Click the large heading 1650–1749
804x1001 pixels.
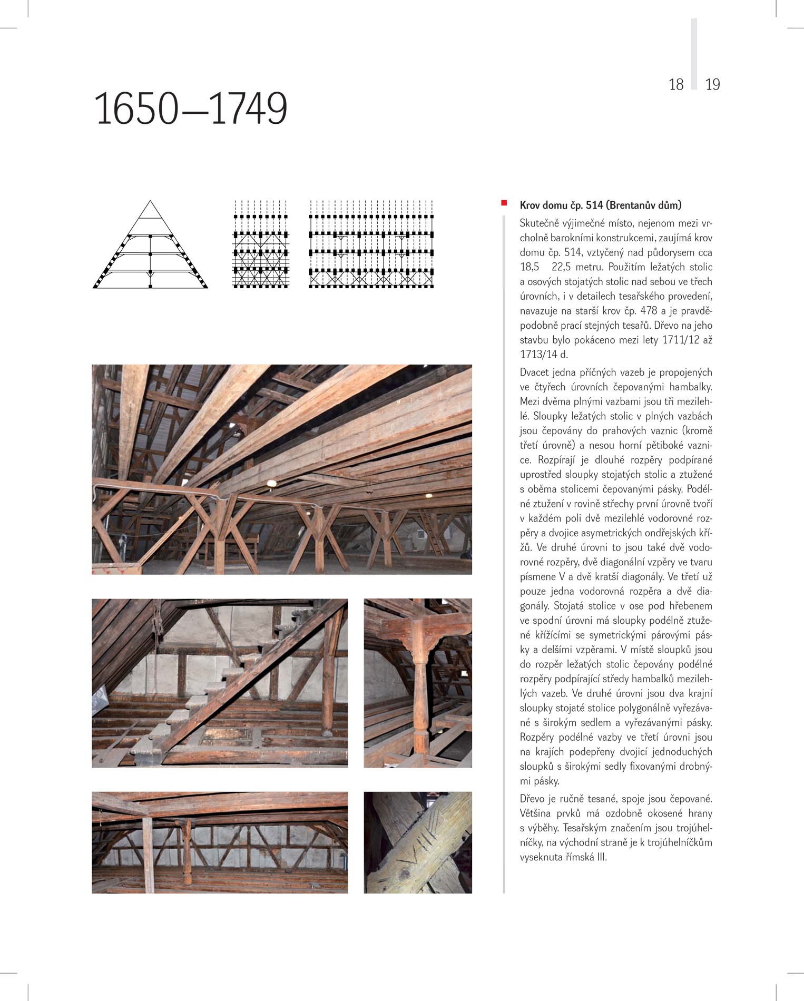191,109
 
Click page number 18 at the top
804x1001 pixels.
676,84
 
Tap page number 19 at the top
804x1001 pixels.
712,84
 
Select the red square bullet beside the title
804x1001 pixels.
504,203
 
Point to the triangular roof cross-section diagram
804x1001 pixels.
150,245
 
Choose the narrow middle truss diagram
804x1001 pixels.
260,245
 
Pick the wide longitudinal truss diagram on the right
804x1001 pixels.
371,245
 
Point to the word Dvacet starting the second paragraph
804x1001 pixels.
534,372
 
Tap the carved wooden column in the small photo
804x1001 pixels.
419,685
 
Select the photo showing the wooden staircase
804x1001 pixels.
220,683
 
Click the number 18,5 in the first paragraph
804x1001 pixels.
530,267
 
